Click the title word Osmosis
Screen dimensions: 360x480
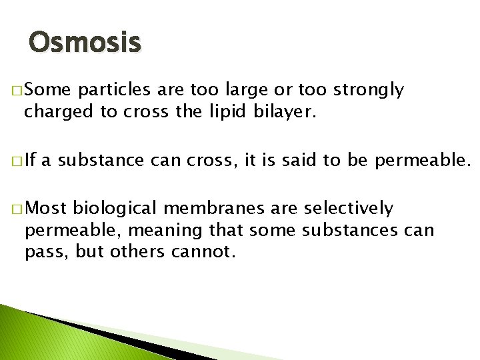pos(85,43)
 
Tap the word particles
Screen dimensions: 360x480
pos(113,90)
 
